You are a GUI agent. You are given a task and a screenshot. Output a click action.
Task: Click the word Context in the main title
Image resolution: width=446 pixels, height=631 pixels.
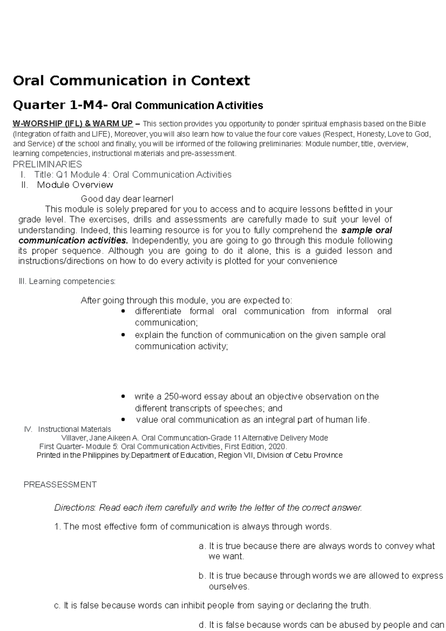220,81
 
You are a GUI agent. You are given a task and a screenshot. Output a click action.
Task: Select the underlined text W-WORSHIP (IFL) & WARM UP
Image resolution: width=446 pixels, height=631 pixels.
72,124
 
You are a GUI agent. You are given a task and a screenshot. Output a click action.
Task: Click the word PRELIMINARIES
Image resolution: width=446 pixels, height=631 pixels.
47,164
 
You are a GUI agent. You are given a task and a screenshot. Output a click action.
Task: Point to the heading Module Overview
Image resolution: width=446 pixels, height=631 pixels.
75,185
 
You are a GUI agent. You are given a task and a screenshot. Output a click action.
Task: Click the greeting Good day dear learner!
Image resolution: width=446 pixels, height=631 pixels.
127,199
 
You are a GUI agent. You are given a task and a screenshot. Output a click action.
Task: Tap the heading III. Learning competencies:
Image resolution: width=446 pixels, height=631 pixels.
67,281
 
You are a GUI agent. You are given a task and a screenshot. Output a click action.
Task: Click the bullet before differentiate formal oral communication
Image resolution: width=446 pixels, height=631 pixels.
123,311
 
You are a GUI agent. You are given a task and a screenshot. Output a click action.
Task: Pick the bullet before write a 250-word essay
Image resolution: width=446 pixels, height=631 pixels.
123,397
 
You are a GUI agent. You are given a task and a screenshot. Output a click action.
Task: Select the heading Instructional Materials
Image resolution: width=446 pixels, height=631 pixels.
74,429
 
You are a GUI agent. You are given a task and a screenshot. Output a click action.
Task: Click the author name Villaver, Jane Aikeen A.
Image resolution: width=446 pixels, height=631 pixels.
100,438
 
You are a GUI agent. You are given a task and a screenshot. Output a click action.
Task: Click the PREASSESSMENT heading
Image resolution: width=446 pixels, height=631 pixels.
60,485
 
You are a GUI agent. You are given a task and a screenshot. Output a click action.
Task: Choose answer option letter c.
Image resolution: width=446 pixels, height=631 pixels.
57,606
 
